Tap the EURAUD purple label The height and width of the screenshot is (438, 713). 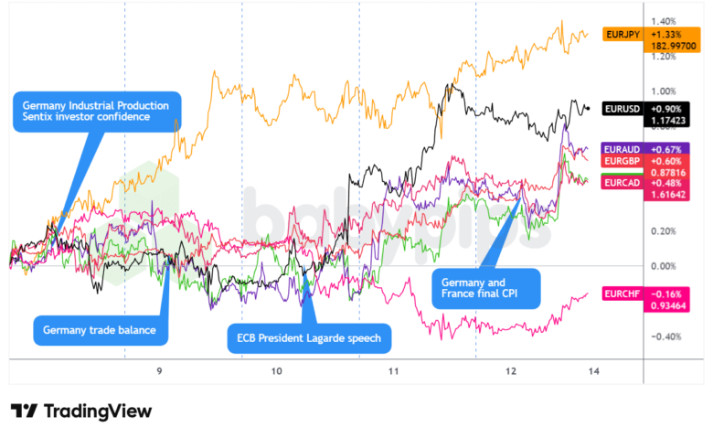coord(622,149)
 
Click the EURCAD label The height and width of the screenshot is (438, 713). coord(622,183)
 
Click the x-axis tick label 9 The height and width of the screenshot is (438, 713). coord(159,371)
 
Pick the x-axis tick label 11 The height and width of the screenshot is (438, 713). coord(394,371)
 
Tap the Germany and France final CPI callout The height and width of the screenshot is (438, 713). coord(485,289)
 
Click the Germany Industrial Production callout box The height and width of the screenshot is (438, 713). coord(96,112)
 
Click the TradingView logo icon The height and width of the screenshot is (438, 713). coord(24,411)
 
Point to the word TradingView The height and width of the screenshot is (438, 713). coord(97,411)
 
